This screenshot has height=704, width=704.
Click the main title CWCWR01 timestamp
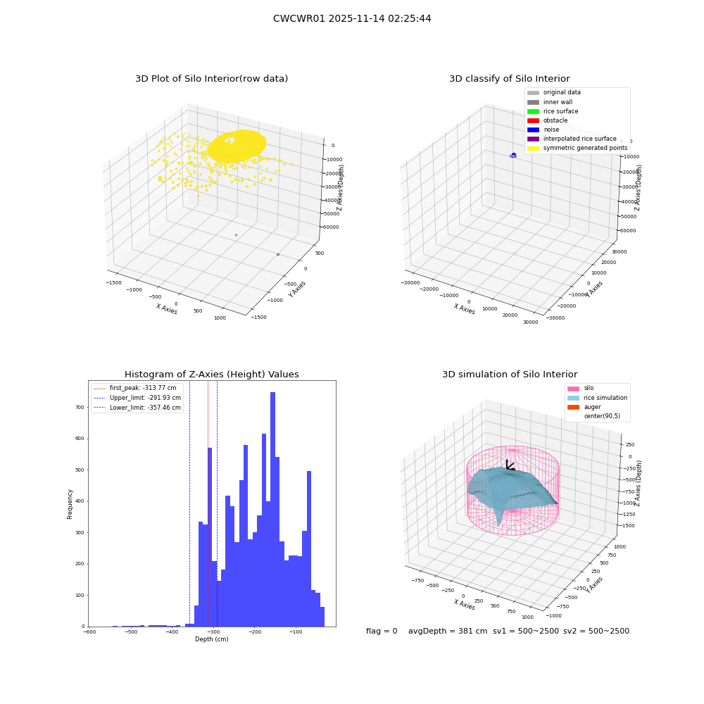tap(352, 18)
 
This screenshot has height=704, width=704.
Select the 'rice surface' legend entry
tap(553, 111)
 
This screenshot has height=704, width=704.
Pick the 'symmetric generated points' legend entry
tap(577, 148)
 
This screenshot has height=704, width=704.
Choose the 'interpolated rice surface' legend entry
tap(572, 139)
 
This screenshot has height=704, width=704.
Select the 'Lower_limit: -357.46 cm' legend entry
tap(137, 408)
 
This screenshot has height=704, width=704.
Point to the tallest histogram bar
tap(272, 509)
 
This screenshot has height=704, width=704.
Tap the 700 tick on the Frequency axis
tap(80, 407)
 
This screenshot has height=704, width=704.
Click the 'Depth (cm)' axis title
tap(212, 639)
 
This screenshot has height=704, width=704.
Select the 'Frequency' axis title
tap(70, 504)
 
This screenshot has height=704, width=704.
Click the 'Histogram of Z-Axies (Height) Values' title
tap(211, 374)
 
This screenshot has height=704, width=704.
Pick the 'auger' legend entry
tap(584, 407)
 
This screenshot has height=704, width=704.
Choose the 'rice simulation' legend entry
tap(597, 398)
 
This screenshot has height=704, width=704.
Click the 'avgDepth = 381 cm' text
tap(448, 631)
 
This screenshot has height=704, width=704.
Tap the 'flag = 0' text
tap(382, 631)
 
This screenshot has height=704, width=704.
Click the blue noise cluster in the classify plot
tap(513, 156)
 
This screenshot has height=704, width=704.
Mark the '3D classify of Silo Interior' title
tap(510, 79)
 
